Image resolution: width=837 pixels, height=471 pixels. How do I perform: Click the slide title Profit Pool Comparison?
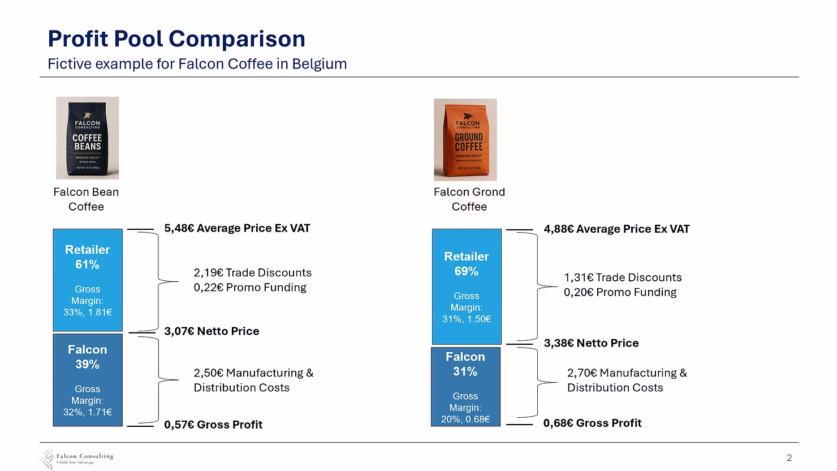(x=176, y=38)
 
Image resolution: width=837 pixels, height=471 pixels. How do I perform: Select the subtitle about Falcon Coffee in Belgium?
(x=197, y=64)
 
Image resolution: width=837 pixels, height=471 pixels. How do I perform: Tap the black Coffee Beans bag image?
(x=87, y=138)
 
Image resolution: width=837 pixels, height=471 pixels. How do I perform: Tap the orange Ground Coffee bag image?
(x=465, y=140)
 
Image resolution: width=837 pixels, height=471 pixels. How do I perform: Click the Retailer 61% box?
(x=88, y=280)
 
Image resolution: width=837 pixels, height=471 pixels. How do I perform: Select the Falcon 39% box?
(x=88, y=379)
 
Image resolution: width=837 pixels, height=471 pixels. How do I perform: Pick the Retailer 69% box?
(x=467, y=286)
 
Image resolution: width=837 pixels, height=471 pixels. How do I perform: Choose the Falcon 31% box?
(x=465, y=387)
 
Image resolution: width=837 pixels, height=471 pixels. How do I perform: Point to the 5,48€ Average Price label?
(x=237, y=228)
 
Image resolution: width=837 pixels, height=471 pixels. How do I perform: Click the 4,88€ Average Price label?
(x=616, y=229)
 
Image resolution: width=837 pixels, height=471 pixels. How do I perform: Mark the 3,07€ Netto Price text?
(x=212, y=331)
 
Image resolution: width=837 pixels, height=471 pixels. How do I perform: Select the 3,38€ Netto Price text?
(x=591, y=343)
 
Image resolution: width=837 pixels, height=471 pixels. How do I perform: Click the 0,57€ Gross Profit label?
(x=213, y=425)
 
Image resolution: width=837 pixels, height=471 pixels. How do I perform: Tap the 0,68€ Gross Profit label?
(x=592, y=423)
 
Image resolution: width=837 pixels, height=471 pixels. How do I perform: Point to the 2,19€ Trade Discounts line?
(x=252, y=273)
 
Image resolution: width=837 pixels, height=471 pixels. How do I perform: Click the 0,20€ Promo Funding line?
(x=620, y=292)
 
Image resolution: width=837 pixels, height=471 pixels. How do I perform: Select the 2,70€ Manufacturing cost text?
(x=627, y=380)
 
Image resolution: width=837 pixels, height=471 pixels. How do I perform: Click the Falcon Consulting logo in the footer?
(x=77, y=458)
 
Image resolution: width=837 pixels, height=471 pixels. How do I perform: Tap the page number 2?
(x=789, y=458)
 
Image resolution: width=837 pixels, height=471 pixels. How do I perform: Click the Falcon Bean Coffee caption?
(x=86, y=199)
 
